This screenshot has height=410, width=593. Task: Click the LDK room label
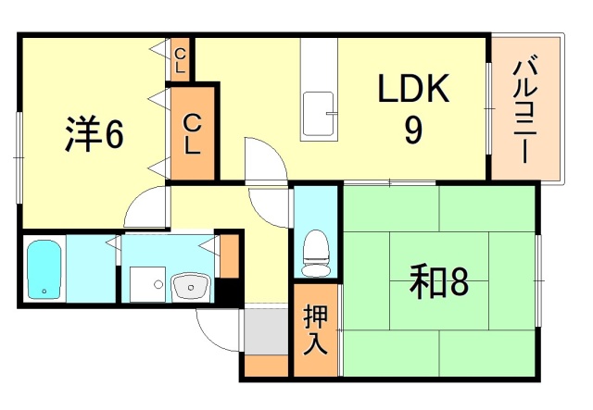coord(413,92)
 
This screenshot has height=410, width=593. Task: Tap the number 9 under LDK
coord(413,130)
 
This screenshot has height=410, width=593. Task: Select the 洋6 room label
coord(94,134)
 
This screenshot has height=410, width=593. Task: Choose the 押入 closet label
coord(315,329)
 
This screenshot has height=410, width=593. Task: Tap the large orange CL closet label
coord(192,132)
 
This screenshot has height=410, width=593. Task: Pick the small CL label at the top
coord(180,61)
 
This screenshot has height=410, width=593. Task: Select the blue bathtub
coord(43,269)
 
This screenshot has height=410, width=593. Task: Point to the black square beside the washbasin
coord(228,291)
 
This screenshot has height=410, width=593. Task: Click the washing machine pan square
coord(145,282)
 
